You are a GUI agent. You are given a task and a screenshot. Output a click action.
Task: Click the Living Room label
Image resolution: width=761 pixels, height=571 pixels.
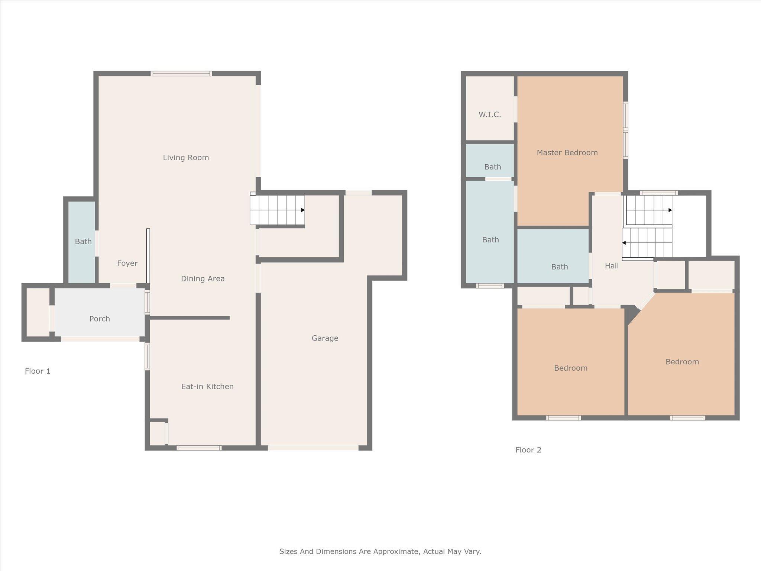(x=186, y=158)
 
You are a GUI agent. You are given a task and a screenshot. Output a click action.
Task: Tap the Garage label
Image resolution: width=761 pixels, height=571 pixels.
(x=325, y=338)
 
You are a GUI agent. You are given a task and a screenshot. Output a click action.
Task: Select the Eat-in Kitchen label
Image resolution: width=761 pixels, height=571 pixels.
(x=207, y=387)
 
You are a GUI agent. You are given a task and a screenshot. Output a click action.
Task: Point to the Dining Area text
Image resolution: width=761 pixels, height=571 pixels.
(x=203, y=279)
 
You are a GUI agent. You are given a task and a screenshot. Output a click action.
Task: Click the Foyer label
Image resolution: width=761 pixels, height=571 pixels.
(x=127, y=263)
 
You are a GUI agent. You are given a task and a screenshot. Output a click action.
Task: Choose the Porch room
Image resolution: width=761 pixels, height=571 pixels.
(x=100, y=319)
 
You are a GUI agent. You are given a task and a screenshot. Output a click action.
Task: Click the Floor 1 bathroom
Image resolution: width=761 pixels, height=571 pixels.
(x=83, y=242)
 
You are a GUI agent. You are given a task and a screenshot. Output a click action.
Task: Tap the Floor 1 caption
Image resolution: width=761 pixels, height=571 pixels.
(x=38, y=371)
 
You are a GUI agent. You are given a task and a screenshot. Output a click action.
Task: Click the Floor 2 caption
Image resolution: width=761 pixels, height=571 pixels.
(x=528, y=450)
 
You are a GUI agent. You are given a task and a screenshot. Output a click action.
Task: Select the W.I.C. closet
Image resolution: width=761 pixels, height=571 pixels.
(x=490, y=114)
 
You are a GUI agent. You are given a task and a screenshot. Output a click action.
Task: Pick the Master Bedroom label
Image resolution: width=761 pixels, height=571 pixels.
(x=567, y=152)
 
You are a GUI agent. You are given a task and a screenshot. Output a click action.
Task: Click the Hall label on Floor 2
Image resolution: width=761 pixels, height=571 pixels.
(x=612, y=266)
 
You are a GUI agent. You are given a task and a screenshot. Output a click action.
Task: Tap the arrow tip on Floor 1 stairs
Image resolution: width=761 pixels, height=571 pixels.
(x=303, y=210)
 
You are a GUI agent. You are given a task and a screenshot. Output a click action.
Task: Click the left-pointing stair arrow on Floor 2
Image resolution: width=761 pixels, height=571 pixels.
(x=624, y=243)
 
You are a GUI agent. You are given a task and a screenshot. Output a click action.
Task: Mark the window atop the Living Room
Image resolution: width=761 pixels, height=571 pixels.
(x=181, y=74)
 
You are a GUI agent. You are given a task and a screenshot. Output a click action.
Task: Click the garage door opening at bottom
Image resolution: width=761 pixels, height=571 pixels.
(x=313, y=448)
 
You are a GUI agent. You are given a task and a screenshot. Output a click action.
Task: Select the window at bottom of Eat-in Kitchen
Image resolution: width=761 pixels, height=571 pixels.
(x=199, y=448)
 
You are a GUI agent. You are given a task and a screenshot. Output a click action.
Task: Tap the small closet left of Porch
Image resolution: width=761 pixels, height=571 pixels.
(x=38, y=312)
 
